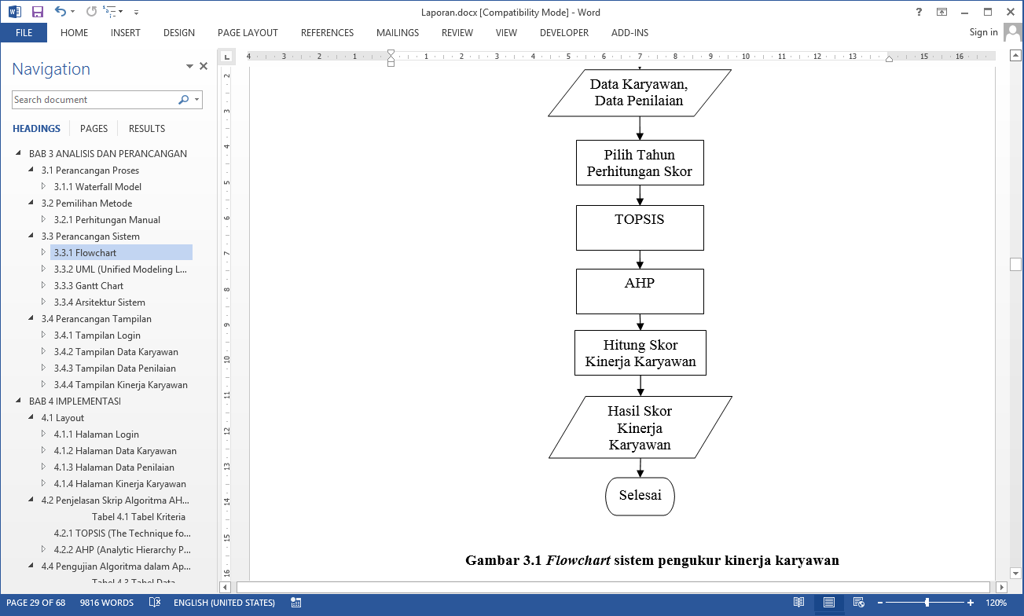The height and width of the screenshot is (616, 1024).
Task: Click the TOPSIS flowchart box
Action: (639, 228)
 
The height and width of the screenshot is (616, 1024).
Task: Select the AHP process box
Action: (639, 291)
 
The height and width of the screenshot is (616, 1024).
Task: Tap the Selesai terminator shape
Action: (640, 496)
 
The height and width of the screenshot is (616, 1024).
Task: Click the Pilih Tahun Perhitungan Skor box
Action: (639, 163)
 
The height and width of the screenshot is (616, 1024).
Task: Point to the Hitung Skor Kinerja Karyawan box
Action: (640, 353)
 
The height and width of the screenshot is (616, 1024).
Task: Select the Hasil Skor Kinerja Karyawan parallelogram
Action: (640, 427)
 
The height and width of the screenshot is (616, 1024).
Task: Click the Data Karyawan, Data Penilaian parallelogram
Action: (639, 92)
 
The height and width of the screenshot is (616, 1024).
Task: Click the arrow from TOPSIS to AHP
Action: (640, 259)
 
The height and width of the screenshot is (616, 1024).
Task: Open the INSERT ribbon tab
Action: (126, 33)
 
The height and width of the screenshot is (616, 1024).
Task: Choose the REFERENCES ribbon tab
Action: (327, 33)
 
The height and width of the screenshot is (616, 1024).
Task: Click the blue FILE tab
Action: (24, 33)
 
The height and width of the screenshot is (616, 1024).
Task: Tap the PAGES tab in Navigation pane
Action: (94, 129)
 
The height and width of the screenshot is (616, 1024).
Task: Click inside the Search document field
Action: (94, 100)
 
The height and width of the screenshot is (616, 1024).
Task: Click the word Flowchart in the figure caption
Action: (578, 561)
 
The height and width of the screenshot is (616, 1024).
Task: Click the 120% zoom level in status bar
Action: (996, 603)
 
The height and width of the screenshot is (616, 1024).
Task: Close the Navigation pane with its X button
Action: (204, 67)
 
